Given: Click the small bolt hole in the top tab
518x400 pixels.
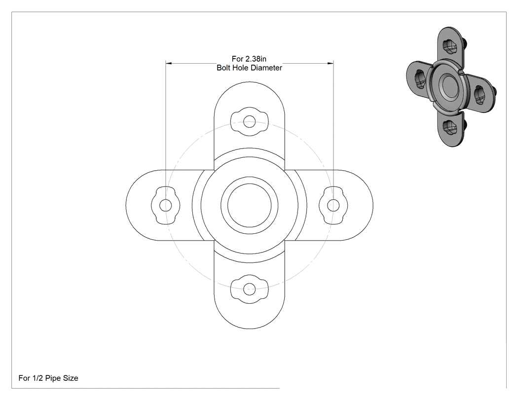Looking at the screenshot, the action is coord(250,121).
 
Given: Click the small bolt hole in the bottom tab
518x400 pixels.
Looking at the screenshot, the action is coord(250,289).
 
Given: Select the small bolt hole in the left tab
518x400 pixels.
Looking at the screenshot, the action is coord(165,205).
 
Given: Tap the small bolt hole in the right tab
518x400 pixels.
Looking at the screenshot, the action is coord(333,205).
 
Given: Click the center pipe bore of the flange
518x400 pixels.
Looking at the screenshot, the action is coord(250,205).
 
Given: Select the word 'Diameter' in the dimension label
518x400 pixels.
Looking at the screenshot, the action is coord(266,68).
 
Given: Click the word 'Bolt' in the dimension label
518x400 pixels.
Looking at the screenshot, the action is coord(223,68).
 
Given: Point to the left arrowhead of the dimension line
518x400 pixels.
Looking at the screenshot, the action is coord(169,63).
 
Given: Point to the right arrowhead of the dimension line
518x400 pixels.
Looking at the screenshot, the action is coord(330,63).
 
